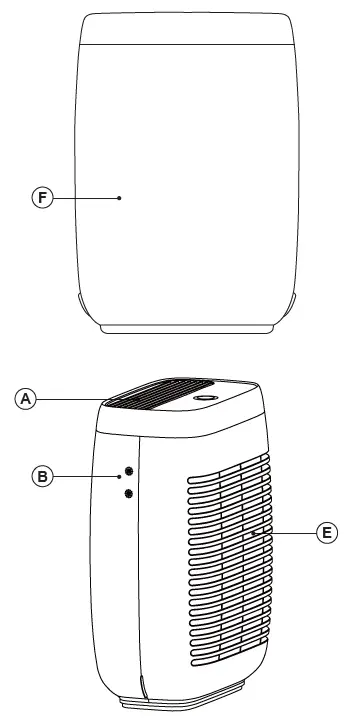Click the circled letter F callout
click(x=41, y=198)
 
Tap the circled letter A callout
click(x=27, y=398)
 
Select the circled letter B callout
click(x=42, y=477)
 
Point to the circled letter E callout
click(x=326, y=535)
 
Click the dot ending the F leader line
click(x=119, y=198)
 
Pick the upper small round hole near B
click(x=128, y=470)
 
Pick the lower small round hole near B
click(x=128, y=492)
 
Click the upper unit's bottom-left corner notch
click(x=83, y=300)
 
